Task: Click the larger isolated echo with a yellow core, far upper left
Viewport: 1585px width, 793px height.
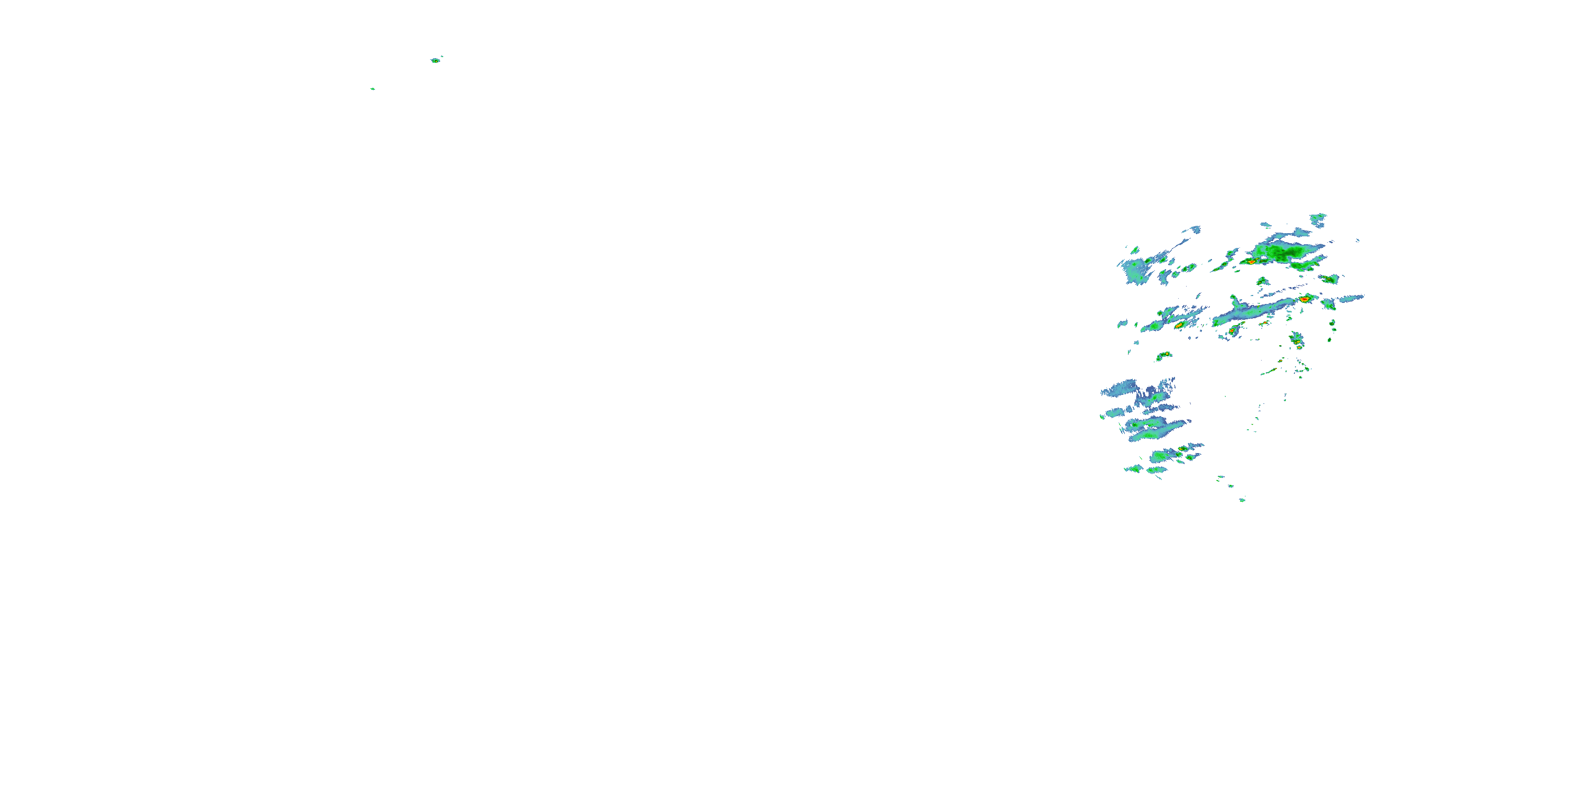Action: click(436, 60)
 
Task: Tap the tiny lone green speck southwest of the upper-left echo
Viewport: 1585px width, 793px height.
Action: click(372, 89)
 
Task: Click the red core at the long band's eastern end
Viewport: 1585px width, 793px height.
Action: click(1304, 299)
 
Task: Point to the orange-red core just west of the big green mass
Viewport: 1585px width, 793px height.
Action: click(1251, 262)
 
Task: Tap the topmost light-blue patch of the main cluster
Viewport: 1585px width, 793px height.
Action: click(1319, 218)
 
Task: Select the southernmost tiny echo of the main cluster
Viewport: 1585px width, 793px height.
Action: click(1242, 500)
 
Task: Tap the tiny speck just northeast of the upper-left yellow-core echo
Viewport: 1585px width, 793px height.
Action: click(442, 57)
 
